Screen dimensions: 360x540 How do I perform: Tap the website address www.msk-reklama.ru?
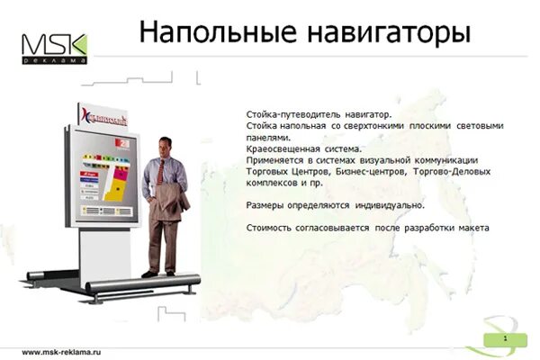(x=61, y=352)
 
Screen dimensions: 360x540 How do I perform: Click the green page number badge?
(x=505, y=339)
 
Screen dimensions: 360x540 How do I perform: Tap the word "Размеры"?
(x=265, y=205)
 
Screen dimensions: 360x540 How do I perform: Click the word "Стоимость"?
(x=269, y=228)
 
